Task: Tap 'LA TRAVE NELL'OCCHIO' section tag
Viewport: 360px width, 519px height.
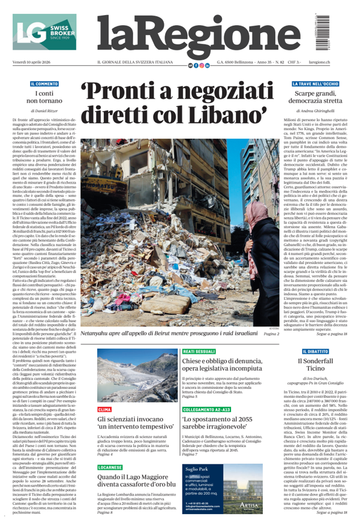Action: click(315, 83)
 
